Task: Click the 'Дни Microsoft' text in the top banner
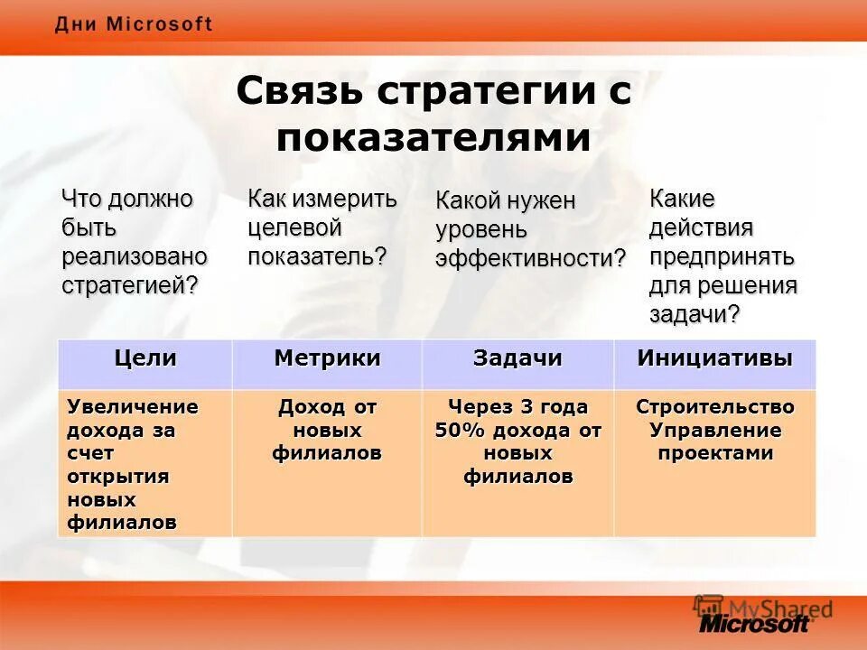pos(134,24)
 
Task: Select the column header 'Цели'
pos(144,357)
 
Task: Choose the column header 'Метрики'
pos(327,357)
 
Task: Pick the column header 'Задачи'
pos(517,357)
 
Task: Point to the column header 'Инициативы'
pos(714,357)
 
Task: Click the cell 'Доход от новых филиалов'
pos(327,430)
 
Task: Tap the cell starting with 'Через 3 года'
pos(517,441)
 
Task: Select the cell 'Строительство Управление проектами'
pos(714,430)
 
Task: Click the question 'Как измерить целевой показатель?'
pos(322,227)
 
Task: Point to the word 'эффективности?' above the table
pos(530,259)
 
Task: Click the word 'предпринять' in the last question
pos(722,256)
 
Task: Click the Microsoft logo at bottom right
pos(754,622)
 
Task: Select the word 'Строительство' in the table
pos(714,406)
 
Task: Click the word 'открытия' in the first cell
pos(118,476)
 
